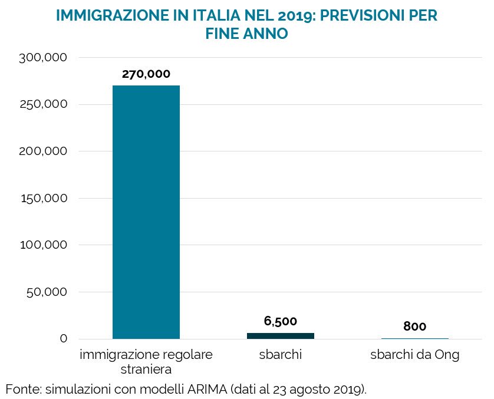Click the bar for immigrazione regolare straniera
coord(146,212)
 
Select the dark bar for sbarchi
coord(280,336)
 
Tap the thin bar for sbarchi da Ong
coord(414,338)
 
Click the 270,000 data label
coord(146,74)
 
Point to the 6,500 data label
coord(280,321)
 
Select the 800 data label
coord(414,327)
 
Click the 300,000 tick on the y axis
coord(44,58)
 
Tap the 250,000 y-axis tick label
coord(44,104)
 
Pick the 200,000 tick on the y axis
coord(44,151)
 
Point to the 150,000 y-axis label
coord(44,198)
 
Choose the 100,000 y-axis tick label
coord(44,245)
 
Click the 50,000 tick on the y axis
coord(48,292)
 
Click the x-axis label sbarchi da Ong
coord(414,355)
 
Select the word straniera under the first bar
coord(146,370)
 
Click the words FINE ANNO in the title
coord(246,34)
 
